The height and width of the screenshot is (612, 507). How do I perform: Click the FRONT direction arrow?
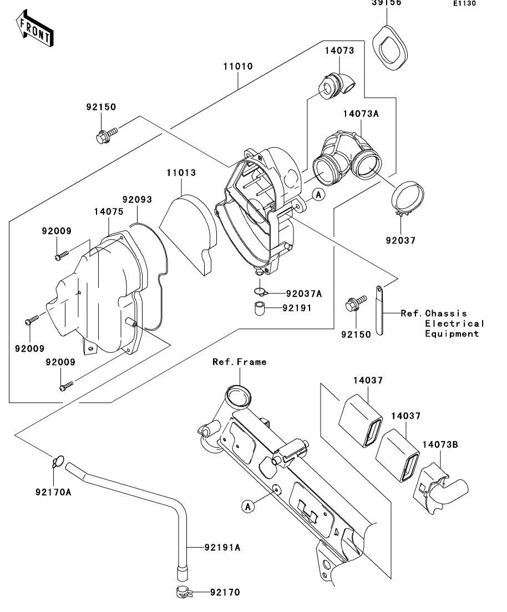coord(34,29)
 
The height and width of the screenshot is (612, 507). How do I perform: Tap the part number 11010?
coord(238,67)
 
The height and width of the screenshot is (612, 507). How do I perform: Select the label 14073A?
coord(361,114)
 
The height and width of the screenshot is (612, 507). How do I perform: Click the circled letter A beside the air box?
coord(319,194)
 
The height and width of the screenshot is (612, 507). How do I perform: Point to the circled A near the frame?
coord(248,507)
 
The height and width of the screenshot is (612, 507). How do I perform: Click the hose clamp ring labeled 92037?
coord(408,198)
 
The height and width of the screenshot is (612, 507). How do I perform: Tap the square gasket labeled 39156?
coord(389,48)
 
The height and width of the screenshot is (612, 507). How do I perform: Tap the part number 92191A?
coord(222,548)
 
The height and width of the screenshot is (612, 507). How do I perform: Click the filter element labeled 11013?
coord(188,234)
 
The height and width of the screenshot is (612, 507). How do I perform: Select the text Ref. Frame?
coord(239,362)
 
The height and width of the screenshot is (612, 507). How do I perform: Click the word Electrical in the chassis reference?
coord(454,323)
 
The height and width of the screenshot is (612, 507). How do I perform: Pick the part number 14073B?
coord(440,444)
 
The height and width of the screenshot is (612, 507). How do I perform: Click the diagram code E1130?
coord(464,3)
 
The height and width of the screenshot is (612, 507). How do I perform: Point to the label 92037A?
coord(304,294)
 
